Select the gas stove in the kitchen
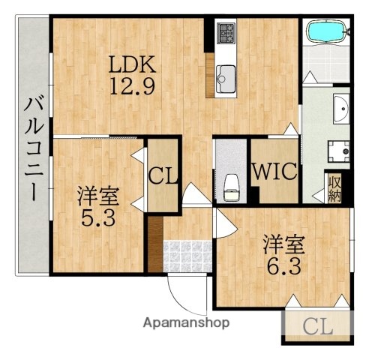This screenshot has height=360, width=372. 226,32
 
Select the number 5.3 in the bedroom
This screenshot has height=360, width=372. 98,222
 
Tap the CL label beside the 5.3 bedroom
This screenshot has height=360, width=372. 163,177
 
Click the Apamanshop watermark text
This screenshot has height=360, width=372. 187,323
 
